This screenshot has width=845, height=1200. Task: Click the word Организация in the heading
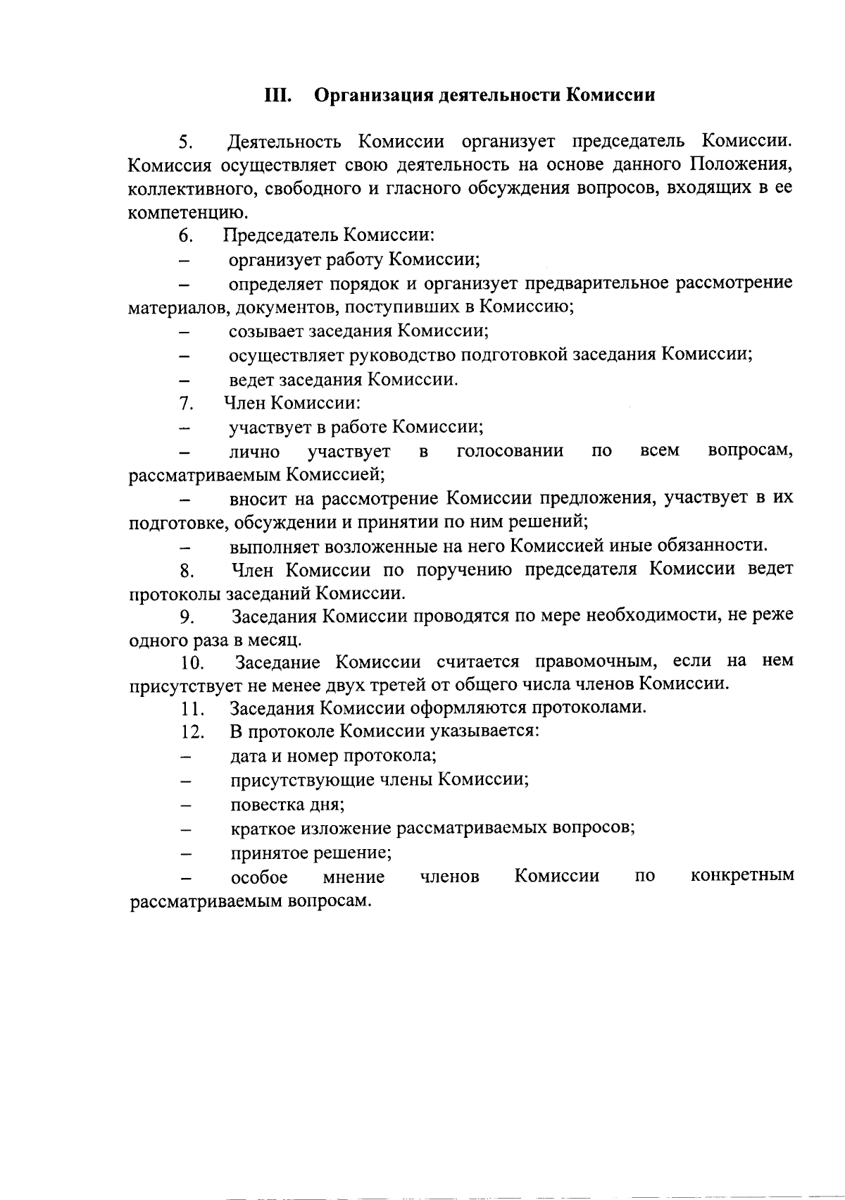pos(367,95)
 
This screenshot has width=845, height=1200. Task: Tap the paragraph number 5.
pos(185,142)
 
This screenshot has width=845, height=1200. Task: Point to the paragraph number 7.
pos(186,404)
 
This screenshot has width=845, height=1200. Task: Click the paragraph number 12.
pos(192,733)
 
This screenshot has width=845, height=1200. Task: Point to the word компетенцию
pos(188,214)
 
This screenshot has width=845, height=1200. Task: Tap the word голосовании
pos(511,451)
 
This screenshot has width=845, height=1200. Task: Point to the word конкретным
pos(743,876)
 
